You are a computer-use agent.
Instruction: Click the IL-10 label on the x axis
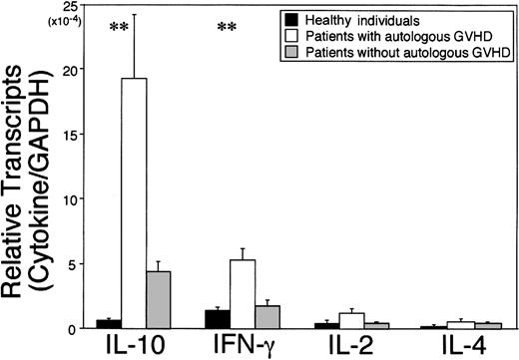135,346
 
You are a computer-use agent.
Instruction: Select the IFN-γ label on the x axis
245,346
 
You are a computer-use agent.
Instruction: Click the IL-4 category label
460,346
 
